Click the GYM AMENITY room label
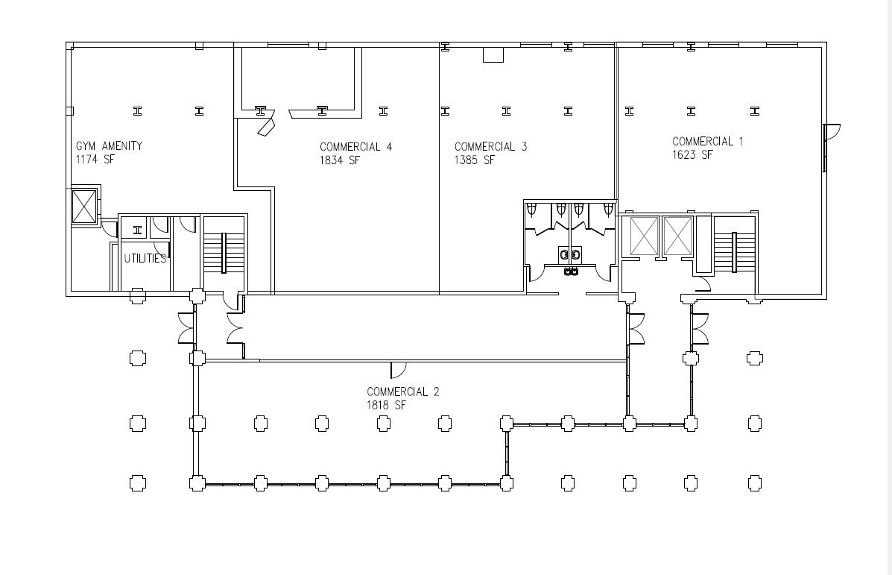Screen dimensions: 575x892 109,146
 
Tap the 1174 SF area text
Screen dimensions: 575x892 95,159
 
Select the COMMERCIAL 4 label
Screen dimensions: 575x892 355,147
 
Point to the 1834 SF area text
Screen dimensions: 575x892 340,160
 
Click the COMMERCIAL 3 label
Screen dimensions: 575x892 490,147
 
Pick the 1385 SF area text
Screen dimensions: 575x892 475,160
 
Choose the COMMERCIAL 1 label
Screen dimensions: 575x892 707,142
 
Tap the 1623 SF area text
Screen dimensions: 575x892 692,154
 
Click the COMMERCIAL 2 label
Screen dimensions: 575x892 402,392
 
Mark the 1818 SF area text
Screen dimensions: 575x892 387,405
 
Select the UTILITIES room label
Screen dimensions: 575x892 145,259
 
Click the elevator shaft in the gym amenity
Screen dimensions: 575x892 83,207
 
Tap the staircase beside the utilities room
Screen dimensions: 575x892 224,254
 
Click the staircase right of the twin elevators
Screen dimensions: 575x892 735,253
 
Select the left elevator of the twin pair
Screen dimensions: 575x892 645,236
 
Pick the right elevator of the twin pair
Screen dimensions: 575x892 677,236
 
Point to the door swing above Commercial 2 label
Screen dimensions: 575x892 397,369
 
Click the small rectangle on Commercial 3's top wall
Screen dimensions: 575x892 493,54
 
